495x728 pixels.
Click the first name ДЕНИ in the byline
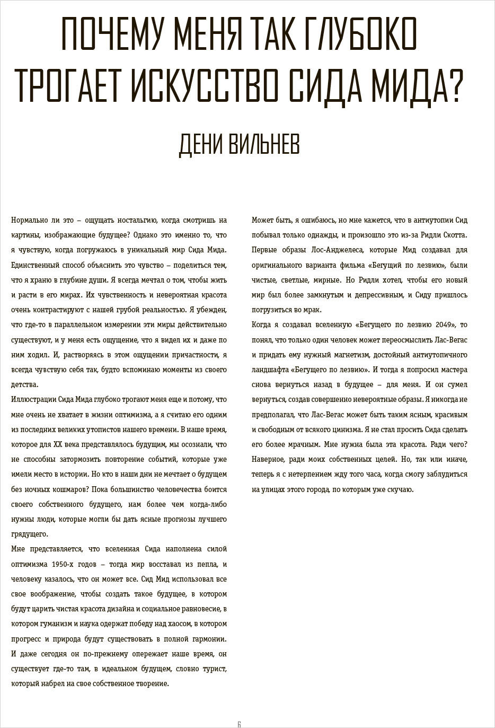tap(199, 144)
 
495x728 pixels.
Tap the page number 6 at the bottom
tap(239, 724)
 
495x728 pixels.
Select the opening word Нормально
tap(29, 220)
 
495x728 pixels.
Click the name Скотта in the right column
tap(454, 235)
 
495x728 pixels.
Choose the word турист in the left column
tap(214, 669)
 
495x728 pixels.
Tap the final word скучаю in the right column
tap(400, 489)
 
